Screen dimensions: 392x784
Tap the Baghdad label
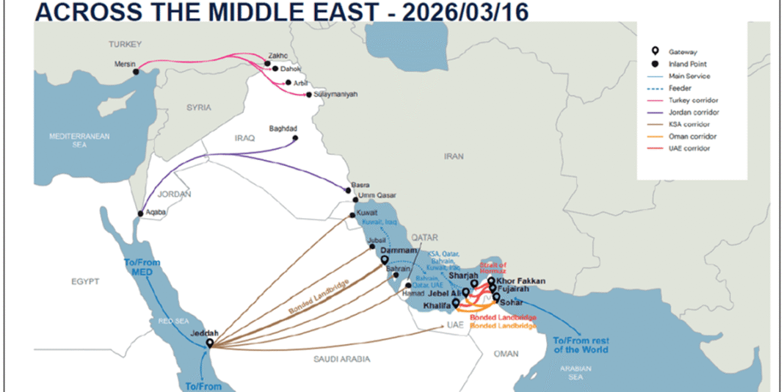[283, 128]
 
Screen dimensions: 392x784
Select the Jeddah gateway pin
[210, 343]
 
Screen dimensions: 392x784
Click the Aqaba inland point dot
[140, 214]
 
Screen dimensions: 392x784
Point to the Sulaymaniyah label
[335, 95]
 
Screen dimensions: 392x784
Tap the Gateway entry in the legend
[682, 52]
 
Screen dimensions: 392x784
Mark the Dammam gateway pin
[384, 258]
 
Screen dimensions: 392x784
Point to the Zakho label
[279, 55]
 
